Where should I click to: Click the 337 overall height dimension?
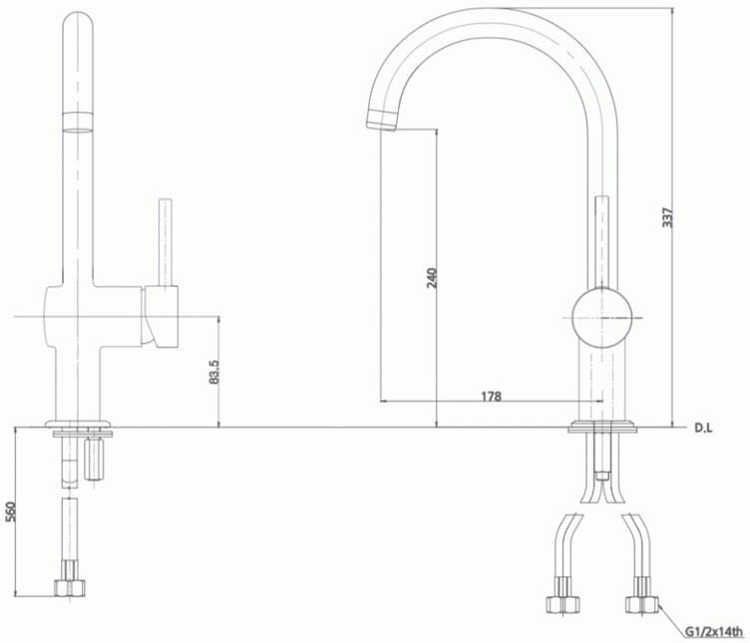pyautogui.click(x=668, y=217)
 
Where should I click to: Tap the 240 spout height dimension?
pyautogui.click(x=432, y=277)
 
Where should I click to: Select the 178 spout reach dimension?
pyautogui.click(x=491, y=396)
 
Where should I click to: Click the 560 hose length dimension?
pyautogui.click(x=11, y=510)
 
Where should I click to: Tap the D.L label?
pyautogui.click(x=703, y=430)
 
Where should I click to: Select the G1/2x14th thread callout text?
pyautogui.click(x=714, y=632)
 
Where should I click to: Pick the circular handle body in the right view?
pyautogui.click(x=601, y=317)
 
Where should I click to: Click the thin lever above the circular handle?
pyautogui.click(x=601, y=239)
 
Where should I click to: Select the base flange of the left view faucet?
pyautogui.click(x=82, y=427)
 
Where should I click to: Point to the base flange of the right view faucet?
pyautogui.click(x=601, y=428)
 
